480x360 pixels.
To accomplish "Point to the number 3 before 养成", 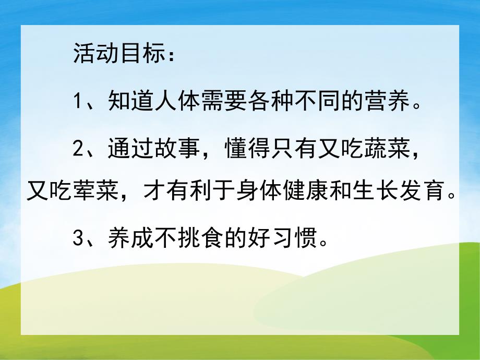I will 78,240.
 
